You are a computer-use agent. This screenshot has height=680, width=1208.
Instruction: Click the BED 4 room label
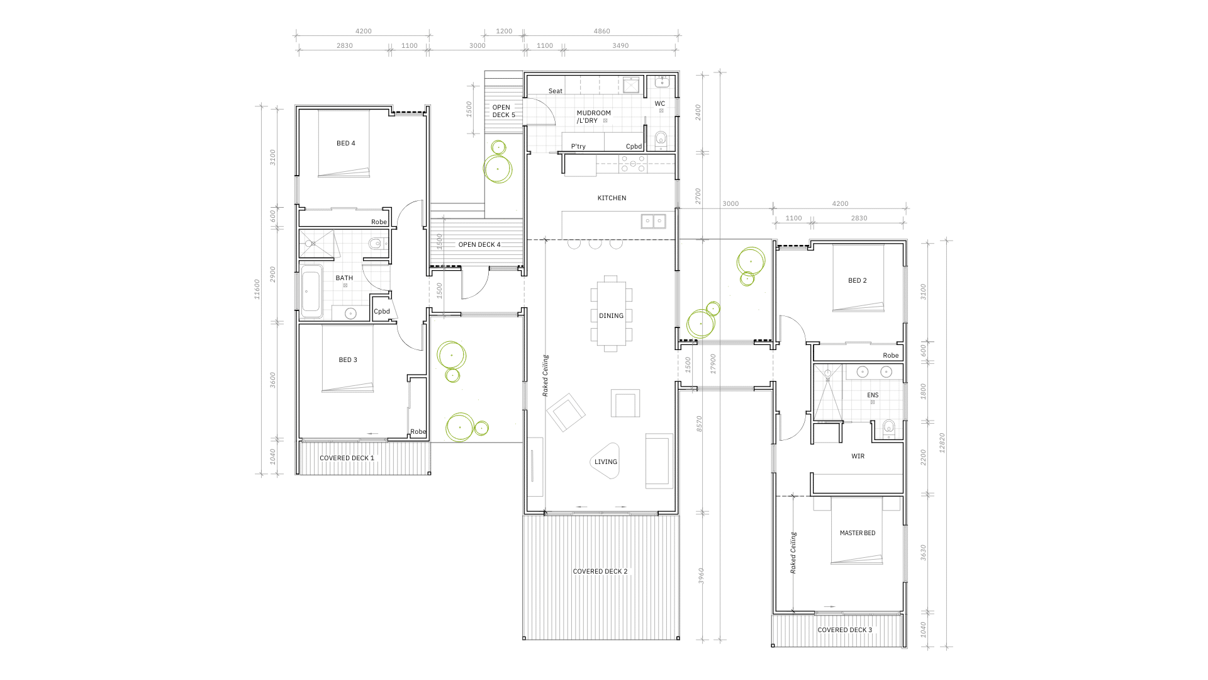pos(346,144)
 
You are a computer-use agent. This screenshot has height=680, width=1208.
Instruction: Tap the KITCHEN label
pos(612,198)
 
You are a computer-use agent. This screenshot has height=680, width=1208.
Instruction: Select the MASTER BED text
pos(858,533)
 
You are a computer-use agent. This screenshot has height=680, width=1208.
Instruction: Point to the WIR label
pos(858,456)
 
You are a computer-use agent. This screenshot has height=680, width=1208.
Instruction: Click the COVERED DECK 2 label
pos(600,572)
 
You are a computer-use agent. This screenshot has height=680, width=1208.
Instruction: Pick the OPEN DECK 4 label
pos(479,245)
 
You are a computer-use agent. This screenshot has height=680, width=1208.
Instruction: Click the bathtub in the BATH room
pos(311,291)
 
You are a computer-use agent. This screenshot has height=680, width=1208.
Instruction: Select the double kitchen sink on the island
pos(654,221)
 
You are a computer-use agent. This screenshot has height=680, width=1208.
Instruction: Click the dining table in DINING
pos(611,314)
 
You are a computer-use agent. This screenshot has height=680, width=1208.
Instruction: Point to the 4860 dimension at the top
pos(602,31)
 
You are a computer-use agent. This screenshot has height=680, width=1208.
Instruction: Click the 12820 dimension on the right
pos(942,443)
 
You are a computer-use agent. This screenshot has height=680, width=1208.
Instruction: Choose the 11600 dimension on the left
pos(257,289)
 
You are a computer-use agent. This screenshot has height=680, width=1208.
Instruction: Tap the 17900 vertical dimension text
pos(713,364)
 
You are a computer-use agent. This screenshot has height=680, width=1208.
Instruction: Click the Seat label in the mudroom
pos(556,91)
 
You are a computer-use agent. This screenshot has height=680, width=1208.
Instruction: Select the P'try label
pos(578,147)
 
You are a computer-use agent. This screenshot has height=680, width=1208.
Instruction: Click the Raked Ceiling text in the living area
pos(545,376)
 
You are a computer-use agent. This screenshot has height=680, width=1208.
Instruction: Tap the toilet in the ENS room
pos(888,428)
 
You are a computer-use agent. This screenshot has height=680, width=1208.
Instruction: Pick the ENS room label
pos(873,395)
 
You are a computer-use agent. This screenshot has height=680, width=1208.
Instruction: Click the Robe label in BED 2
pos(891,356)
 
